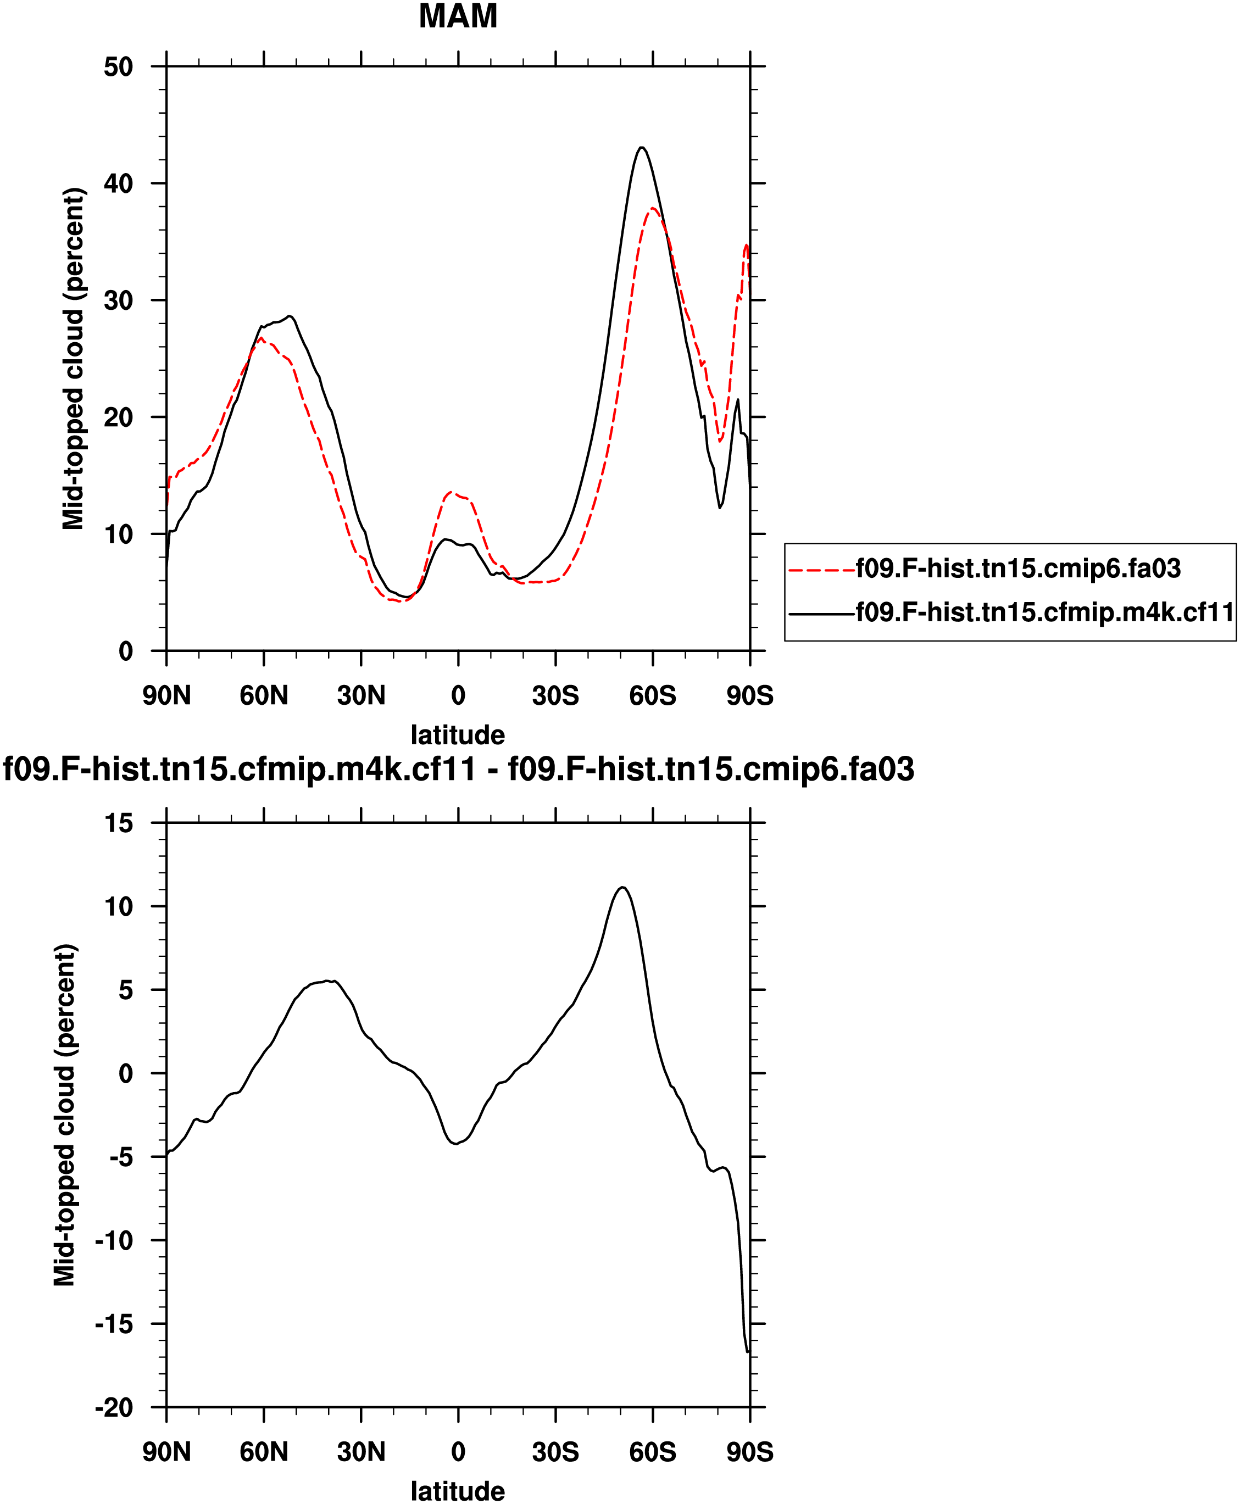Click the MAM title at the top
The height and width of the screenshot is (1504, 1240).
[x=458, y=16]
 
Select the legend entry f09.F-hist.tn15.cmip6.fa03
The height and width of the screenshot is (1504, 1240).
[x=1018, y=568]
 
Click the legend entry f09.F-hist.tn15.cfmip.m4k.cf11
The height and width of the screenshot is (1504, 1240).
[x=1044, y=612]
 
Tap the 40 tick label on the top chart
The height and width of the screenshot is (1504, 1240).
[x=119, y=183]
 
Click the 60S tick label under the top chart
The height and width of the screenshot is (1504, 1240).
[x=652, y=695]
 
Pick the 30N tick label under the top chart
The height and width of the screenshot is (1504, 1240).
[x=361, y=695]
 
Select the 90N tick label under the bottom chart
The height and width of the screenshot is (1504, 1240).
[x=166, y=1452]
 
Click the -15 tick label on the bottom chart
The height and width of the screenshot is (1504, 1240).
[x=114, y=1323]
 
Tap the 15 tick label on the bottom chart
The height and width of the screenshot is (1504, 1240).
[x=119, y=823]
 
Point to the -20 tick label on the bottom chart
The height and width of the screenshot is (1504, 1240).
[x=114, y=1407]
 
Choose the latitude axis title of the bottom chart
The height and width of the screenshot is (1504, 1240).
[x=458, y=1491]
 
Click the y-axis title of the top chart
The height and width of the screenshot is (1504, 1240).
[x=73, y=359]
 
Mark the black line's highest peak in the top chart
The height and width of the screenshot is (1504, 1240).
[x=642, y=148]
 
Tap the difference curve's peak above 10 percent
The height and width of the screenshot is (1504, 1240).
[x=623, y=888]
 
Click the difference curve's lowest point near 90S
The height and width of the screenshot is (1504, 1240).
[x=747, y=1351]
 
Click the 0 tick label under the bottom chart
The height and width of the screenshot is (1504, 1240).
[x=458, y=1452]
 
